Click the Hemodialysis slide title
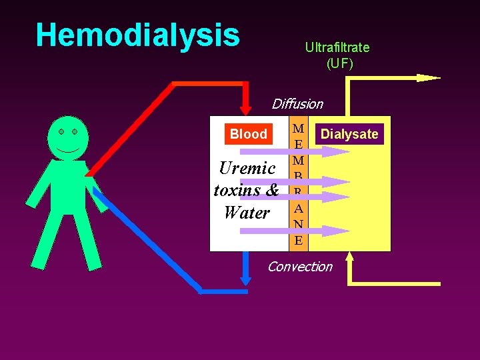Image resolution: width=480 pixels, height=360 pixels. (137, 35)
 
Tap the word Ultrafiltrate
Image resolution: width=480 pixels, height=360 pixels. (337, 47)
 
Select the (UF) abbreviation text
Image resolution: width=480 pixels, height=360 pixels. (339, 64)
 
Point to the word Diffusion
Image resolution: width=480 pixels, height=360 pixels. (297, 104)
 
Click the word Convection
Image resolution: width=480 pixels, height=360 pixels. (299, 267)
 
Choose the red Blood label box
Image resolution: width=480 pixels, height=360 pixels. (248, 134)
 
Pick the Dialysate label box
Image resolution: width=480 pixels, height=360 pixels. (349, 134)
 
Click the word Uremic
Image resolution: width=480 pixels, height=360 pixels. (247, 168)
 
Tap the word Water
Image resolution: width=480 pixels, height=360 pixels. (247, 213)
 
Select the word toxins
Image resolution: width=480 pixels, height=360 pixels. (238, 191)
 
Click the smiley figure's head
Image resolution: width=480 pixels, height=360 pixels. (68, 137)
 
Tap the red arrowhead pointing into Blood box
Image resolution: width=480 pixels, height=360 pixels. (245, 109)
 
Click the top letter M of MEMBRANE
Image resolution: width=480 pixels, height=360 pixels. (298, 128)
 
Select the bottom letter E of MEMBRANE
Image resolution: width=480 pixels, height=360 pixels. (298, 240)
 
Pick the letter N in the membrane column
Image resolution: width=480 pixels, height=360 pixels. (298, 224)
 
